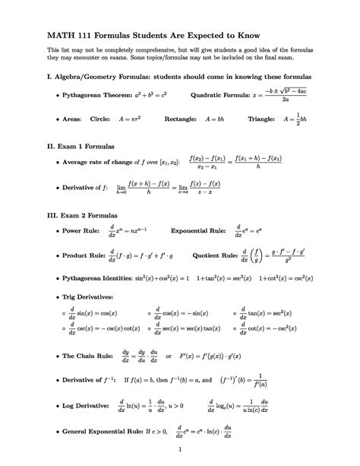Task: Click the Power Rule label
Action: tap(84, 230)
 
